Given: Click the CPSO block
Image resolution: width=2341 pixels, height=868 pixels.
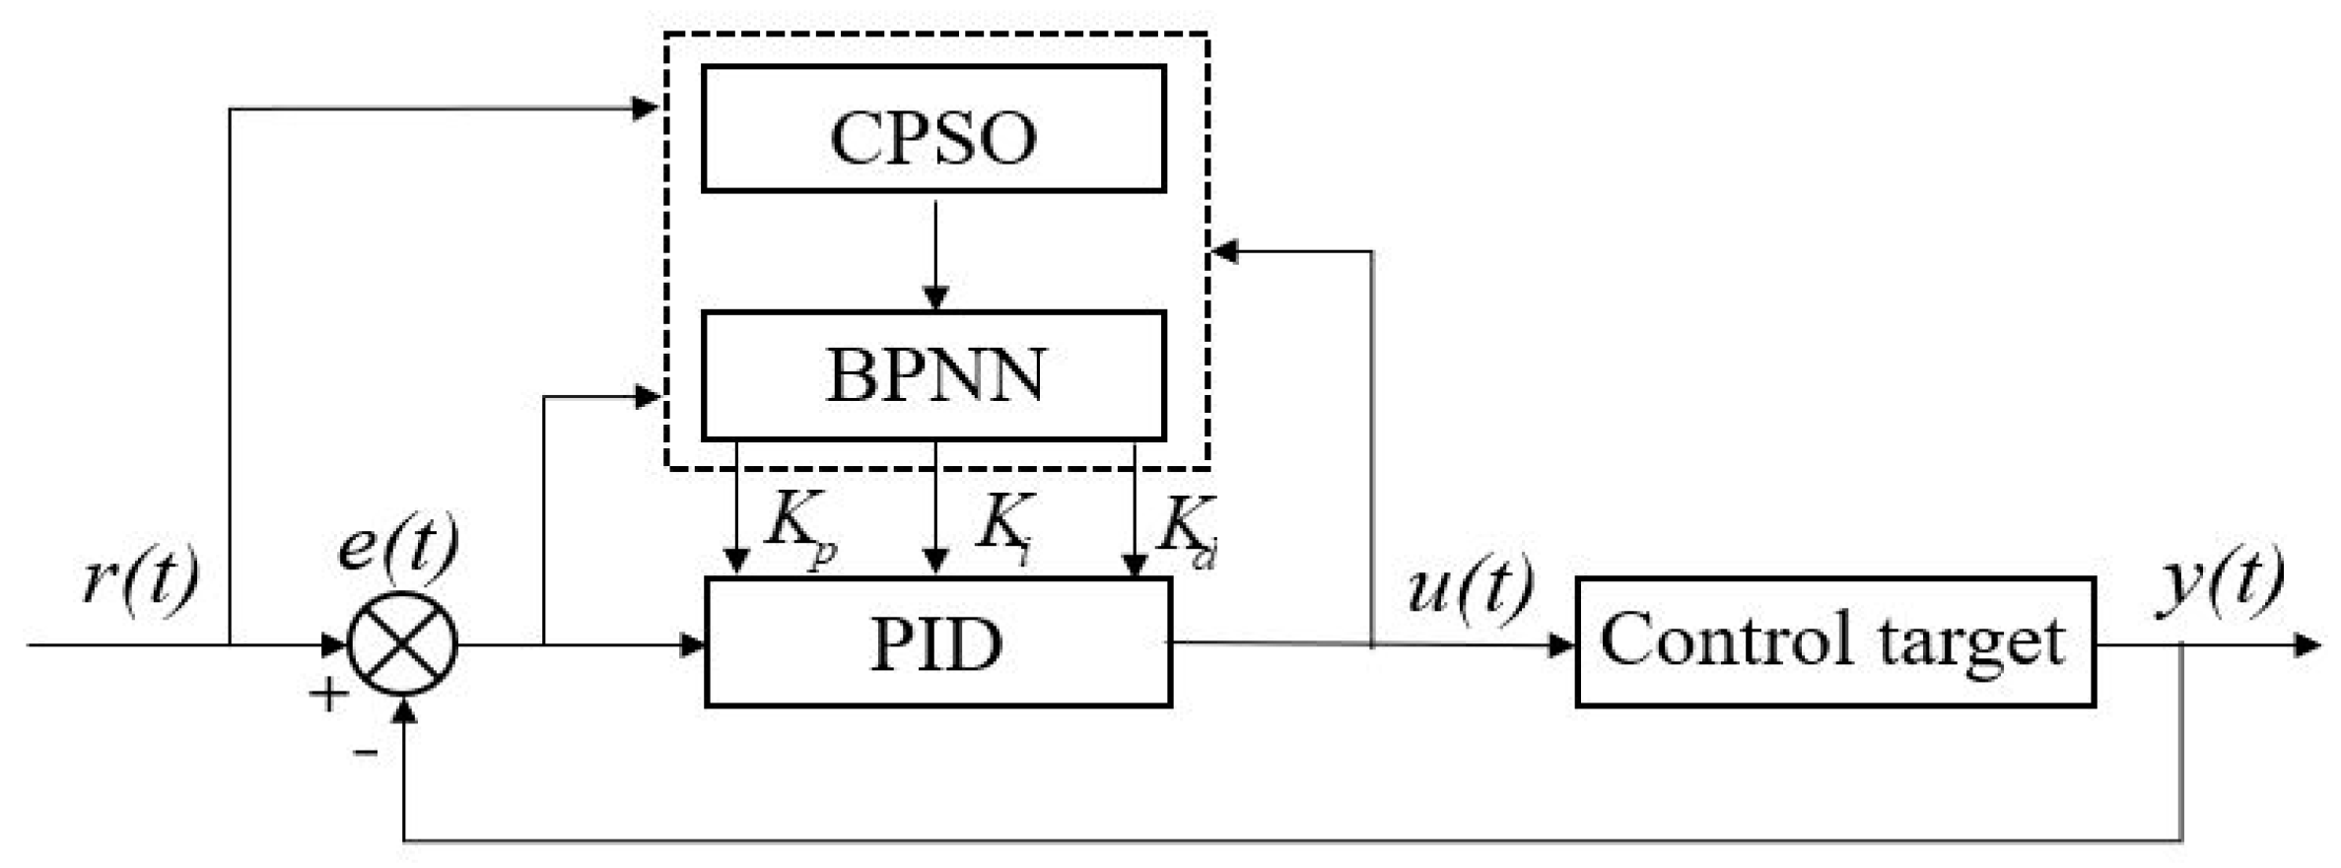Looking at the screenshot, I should [933, 129].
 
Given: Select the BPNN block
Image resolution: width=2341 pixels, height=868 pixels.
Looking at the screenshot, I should [933, 375].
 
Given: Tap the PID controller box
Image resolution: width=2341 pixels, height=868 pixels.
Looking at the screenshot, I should [937, 642].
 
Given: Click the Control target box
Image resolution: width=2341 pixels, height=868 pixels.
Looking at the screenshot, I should [1834, 642].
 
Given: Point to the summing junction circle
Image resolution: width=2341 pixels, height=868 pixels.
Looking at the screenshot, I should [403, 644].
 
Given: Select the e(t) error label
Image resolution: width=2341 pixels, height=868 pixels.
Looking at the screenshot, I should [398, 545].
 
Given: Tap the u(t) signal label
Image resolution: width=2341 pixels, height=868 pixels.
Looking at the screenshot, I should [1470, 588].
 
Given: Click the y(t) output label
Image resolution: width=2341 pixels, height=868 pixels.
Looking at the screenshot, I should [2221, 581].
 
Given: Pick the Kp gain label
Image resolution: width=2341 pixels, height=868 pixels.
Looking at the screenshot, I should [798, 530].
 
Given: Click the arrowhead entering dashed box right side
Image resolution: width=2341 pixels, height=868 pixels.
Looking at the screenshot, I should [1224, 252].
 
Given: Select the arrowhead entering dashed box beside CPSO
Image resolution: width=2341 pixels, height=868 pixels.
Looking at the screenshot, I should [646, 108].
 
